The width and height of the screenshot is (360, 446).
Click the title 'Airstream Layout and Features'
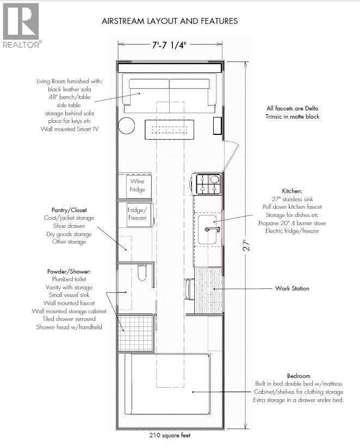(x=170, y=21)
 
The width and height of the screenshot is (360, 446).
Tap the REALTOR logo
(x=21, y=25)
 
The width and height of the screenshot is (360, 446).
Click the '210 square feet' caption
(x=170, y=435)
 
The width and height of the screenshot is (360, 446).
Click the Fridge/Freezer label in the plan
(x=137, y=213)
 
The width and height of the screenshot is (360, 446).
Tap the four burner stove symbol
(x=208, y=184)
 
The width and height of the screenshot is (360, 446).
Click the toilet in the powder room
(x=142, y=273)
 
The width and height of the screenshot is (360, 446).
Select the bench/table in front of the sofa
(x=169, y=129)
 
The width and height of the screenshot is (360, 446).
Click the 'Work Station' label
(x=291, y=288)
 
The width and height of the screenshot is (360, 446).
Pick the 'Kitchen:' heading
(x=291, y=191)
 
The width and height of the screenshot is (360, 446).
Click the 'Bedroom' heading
(x=298, y=376)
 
